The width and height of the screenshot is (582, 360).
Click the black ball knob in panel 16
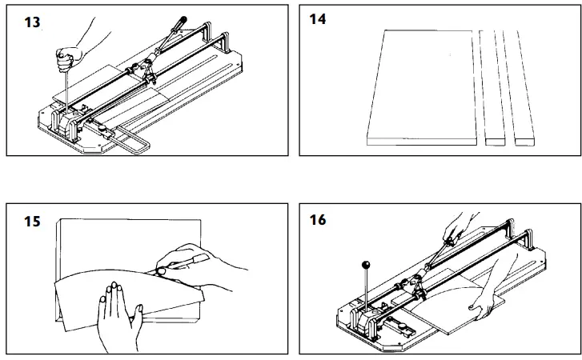[x=367, y=265]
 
